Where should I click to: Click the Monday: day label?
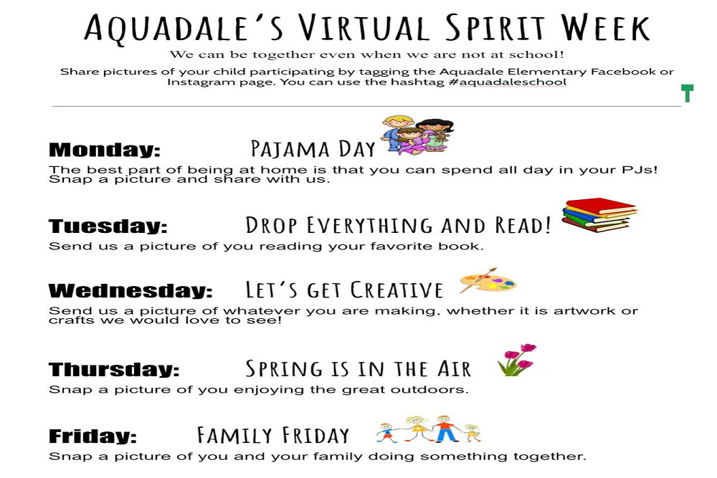(105, 150)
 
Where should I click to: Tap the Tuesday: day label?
(108, 226)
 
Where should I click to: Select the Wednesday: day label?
(130, 291)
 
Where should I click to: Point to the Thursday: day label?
(114, 369)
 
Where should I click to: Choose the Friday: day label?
(92, 436)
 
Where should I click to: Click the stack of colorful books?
(599, 215)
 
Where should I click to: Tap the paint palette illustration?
(488, 281)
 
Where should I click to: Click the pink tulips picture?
(518, 360)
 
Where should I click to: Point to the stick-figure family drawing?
(428, 429)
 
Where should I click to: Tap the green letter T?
(688, 92)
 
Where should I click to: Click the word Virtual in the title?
(364, 28)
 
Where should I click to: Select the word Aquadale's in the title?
(184, 29)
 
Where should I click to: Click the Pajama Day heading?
(313, 149)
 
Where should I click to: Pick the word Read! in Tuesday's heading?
(523, 225)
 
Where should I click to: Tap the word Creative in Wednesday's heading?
(397, 290)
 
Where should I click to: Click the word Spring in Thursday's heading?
(284, 369)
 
